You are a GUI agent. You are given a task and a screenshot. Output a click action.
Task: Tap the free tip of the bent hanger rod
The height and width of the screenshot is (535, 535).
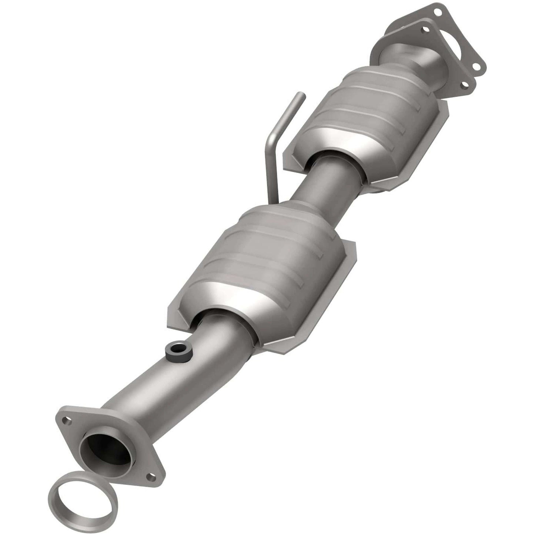pyautogui.click(x=300, y=97)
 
